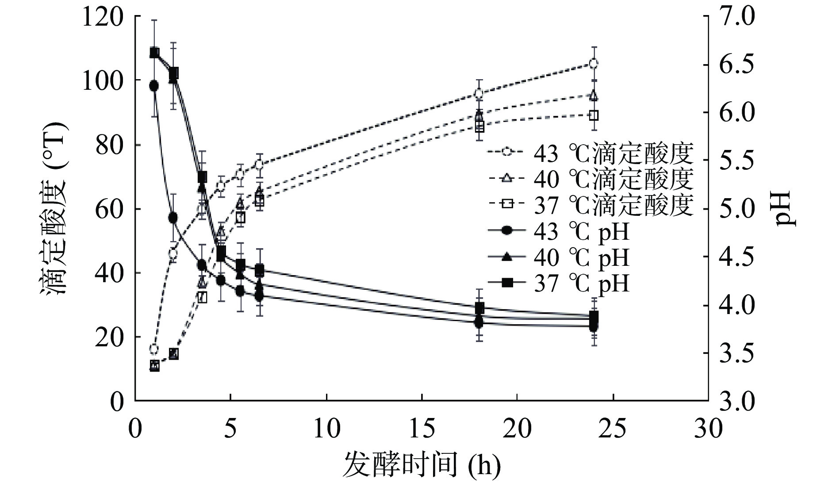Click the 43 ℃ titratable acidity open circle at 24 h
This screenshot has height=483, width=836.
(594, 63)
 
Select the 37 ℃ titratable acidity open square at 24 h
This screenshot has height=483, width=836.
(594, 115)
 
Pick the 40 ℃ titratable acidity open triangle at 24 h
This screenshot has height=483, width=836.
(594, 96)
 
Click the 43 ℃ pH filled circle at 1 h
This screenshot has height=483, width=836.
(154, 86)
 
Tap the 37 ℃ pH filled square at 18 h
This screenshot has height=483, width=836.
(479, 308)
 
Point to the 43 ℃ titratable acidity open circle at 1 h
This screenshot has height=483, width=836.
(154, 349)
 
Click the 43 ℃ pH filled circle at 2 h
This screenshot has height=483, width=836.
(173, 218)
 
